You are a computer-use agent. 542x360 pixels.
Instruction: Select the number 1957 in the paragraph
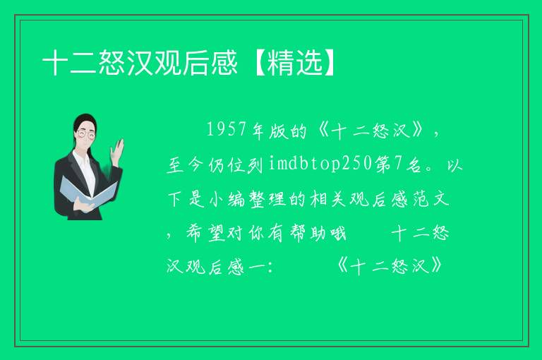226,130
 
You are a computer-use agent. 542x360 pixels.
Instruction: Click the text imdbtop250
320,163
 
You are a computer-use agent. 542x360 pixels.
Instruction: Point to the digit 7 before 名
399,164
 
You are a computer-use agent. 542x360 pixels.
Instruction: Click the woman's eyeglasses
86,134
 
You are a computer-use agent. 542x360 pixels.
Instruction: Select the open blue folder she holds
88,192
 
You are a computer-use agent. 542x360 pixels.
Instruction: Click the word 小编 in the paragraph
226,200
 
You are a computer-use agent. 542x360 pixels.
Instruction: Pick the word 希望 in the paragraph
205,234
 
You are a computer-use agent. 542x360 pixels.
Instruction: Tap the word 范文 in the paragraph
431,200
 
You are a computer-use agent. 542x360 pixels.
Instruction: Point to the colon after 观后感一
270,268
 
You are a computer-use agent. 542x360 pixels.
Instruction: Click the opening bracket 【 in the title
258,63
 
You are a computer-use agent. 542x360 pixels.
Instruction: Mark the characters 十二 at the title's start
69,63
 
